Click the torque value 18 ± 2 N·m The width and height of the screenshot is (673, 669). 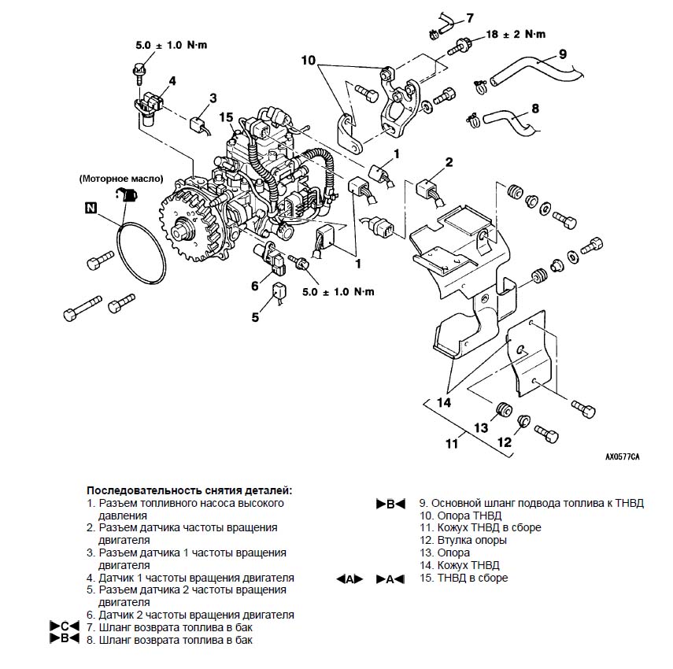point(516,35)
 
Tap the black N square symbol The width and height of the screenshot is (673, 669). point(91,208)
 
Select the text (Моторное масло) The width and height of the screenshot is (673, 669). point(121,179)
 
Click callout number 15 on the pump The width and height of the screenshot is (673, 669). point(226,117)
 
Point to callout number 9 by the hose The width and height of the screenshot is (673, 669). point(563,54)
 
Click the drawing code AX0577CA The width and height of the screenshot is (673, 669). point(623,457)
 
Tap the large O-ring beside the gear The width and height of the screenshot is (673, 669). point(141,253)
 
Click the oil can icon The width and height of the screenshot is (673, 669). point(126,195)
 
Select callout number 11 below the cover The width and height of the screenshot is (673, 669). point(452,443)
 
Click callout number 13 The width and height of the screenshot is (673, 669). point(481,428)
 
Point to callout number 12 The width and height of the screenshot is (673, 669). point(505,442)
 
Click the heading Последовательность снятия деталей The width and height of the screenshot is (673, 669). point(189,490)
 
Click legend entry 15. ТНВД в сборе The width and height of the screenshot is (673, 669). point(464,578)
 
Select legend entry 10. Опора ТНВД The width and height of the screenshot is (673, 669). point(460,516)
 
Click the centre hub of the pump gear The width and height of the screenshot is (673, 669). point(183,232)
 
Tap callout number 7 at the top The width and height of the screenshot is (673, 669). point(470,18)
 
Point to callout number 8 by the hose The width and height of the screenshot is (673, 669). point(535,109)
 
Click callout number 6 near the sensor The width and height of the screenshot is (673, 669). point(255,286)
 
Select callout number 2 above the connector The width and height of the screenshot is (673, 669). point(449,162)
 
